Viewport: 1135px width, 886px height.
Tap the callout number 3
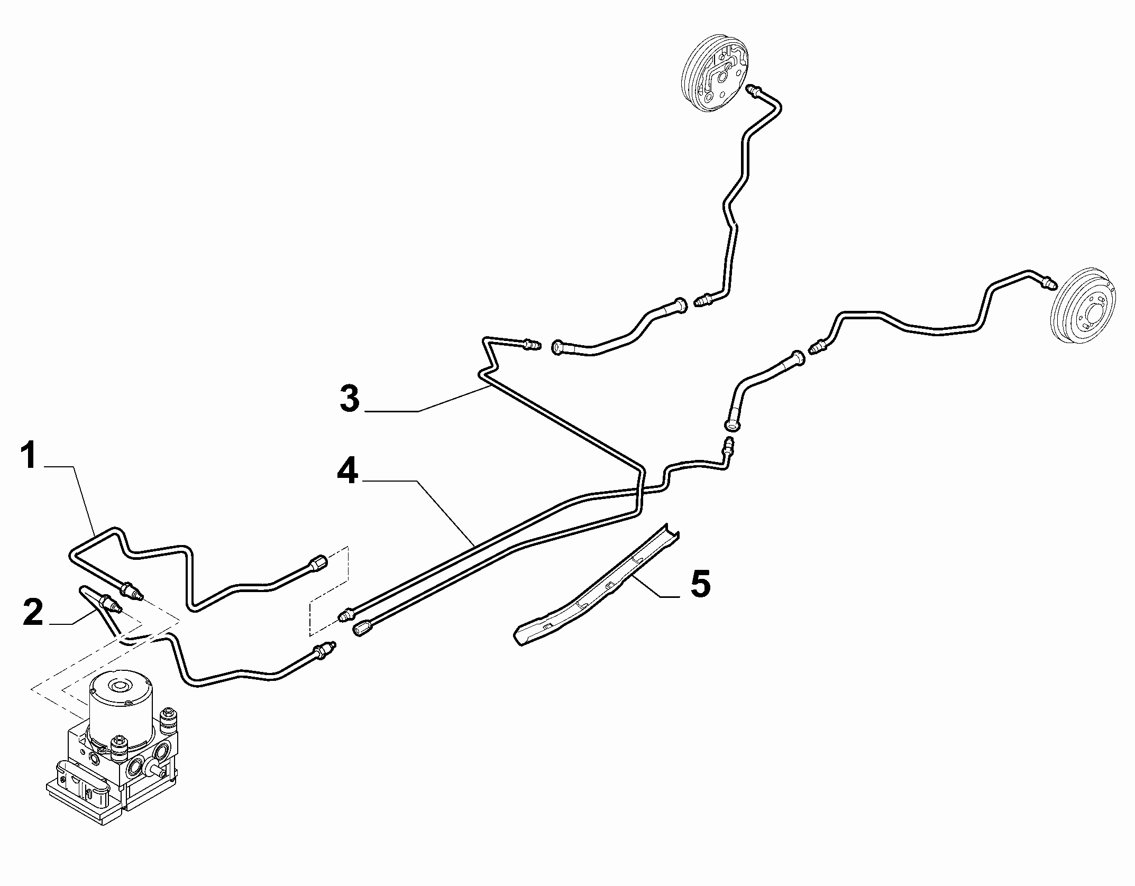pos(350,398)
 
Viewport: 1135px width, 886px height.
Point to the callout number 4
pos(347,469)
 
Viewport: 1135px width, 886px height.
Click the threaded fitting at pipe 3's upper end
pos(530,345)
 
